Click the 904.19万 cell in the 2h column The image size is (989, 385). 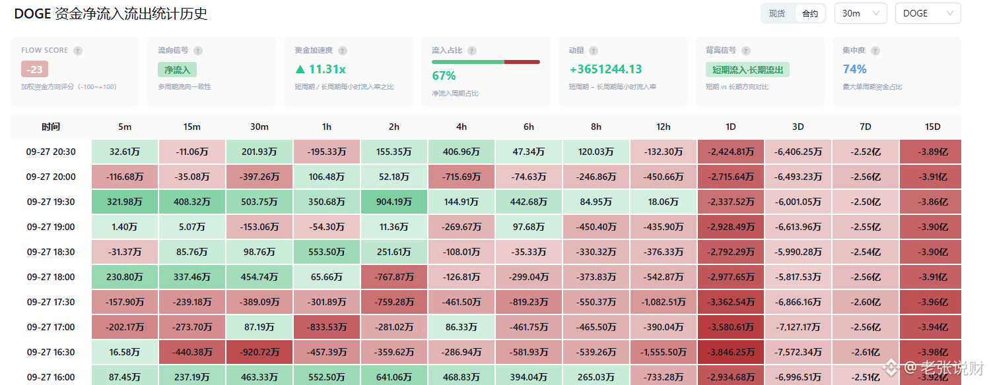pyautogui.click(x=394, y=202)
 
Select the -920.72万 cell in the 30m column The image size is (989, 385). pyautogui.click(x=259, y=352)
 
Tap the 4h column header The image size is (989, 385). pyautogui.click(x=461, y=127)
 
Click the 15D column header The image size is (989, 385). pyautogui.click(x=932, y=127)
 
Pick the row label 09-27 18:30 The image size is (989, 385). pyautogui.click(x=51, y=252)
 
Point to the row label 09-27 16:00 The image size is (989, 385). pyautogui.click(x=51, y=378)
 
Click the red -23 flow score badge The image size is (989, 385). pyautogui.click(x=34, y=69)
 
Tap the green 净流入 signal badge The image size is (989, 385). pyautogui.click(x=177, y=70)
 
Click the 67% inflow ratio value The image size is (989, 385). pyautogui.click(x=444, y=76)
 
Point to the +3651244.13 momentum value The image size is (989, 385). pyautogui.click(x=605, y=69)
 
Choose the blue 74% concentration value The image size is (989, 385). pyautogui.click(x=854, y=69)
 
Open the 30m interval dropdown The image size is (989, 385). pyautogui.click(x=860, y=14)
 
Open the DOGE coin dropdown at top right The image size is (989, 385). pyautogui.click(x=928, y=14)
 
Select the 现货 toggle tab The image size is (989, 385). pyautogui.click(x=777, y=14)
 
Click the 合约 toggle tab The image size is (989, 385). pyautogui.click(x=810, y=14)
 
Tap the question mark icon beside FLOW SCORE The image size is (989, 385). pyautogui.click(x=78, y=51)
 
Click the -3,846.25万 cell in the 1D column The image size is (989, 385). pyautogui.click(x=731, y=352)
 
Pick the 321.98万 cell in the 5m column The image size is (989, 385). pyautogui.click(x=125, y=202)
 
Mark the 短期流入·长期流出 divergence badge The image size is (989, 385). pyautogui.click(x=747, y=70)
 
